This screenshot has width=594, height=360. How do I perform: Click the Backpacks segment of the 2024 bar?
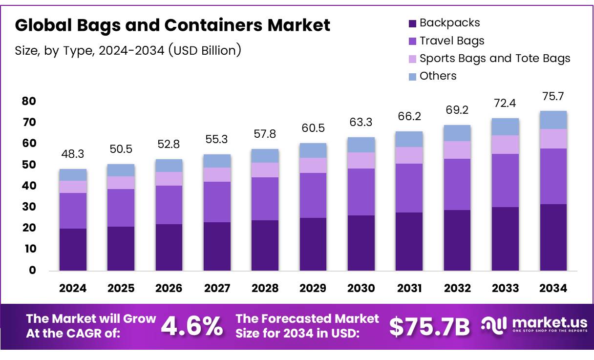73,249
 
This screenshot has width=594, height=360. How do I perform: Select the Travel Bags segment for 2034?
553,176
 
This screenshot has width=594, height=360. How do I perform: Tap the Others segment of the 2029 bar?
313,150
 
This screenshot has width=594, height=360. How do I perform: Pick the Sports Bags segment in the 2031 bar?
409,155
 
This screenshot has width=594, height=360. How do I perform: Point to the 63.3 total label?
361,122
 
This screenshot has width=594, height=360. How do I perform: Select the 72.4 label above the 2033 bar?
505,103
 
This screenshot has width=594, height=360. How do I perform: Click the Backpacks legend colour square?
412,23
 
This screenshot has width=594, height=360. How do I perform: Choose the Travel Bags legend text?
452,41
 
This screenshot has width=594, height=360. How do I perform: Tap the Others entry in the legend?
438,76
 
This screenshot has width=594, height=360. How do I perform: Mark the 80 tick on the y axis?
29,101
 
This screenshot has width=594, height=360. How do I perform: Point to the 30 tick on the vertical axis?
29,207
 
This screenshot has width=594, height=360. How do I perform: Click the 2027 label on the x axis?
217,288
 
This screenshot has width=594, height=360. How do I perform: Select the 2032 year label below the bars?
457,288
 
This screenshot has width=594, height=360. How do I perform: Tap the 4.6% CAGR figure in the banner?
191,326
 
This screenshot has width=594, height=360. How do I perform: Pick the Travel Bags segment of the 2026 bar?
169,205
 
